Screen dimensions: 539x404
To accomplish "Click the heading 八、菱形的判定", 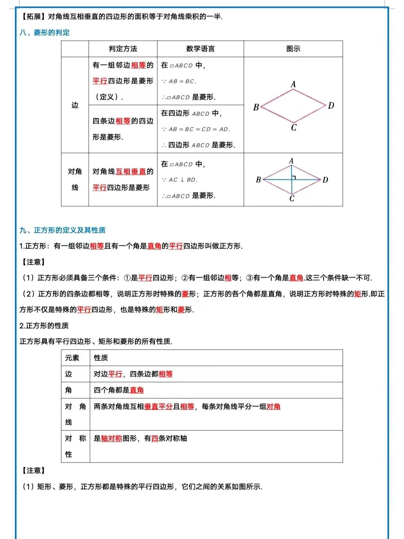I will [45, 33].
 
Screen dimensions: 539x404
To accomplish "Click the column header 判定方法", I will [123, 49].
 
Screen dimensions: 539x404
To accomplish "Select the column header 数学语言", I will [200, 49].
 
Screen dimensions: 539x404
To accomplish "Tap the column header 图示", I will [293, 49].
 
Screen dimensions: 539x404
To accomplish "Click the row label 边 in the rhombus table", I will [75, 105].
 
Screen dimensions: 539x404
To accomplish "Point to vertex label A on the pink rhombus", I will [293, 84].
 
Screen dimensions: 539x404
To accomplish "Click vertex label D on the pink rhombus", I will [331, 106].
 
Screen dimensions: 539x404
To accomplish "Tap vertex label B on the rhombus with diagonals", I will [258, 180].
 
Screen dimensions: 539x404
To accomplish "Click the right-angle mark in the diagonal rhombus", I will [294, 177].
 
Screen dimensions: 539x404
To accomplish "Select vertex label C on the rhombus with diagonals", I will [292, 199].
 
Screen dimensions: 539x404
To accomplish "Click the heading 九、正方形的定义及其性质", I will [62, 230].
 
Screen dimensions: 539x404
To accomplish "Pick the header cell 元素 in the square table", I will [72, 358].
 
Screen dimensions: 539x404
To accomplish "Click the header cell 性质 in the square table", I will [101, 358].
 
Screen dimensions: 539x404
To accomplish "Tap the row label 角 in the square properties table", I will [68, 390].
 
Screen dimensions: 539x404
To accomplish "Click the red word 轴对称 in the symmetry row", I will [111, 438].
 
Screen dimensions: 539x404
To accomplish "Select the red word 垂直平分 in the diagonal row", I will [158, 406].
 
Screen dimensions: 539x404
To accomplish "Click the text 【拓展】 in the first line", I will [33, 16].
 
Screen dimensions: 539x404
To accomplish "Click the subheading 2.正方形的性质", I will [44, 326].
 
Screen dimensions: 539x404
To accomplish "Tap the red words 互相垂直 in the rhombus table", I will [131, 171].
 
